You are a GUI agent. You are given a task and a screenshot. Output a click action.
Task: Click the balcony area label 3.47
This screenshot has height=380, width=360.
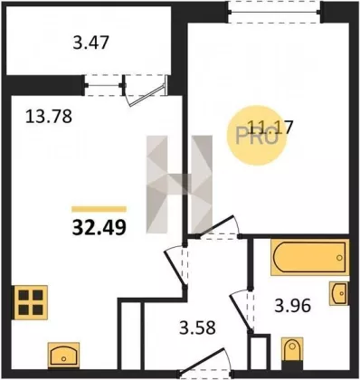pyautogui.click(x=90, y=43)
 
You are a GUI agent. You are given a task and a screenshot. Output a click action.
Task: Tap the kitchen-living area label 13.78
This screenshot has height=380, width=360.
pyautogui.click(x=49, y=117)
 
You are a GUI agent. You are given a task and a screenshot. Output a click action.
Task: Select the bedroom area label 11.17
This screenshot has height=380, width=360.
pyautogui.click(x=270, y=127)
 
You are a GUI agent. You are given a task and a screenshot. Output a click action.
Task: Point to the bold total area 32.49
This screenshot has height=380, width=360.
pyautogui.click(x=99, y=227)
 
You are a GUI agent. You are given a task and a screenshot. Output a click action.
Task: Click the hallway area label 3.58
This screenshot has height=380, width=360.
pyautogui.click(x=197, y=328)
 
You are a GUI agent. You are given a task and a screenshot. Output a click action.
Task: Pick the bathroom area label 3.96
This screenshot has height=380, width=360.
pyautogui.click(x=292, y=306)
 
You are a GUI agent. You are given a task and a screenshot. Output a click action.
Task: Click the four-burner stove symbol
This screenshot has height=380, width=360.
pyautogui.click(x=31, y=302)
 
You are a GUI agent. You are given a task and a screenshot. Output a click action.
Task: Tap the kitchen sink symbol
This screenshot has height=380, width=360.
pyautogui.click(x=63, y=355)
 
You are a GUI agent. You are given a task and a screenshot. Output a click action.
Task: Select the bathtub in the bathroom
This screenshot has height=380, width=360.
pyautogui.click(x=310, y=257)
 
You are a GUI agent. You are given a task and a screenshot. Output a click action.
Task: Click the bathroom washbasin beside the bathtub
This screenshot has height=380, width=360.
pyautogui.click(x=339, y=293)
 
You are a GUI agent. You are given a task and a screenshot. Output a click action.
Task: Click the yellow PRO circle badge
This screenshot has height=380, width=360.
pyautogui.click(x=257, y=135)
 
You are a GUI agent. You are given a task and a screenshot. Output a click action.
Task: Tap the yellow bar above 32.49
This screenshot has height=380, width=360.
pyautogui.click(x=99, y=209)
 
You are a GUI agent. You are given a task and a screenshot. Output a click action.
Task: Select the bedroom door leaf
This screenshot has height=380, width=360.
pyautogui.click(x=214, y=225)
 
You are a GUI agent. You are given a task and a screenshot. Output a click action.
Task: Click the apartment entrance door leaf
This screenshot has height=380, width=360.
pyautogui.click(x=203, y=362)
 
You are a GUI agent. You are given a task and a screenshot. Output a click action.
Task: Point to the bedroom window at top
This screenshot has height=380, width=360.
pyautogui.click(x=274, y=12)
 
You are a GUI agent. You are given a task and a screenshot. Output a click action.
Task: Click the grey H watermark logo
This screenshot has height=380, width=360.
pyautogui.click(x=179, y=185)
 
